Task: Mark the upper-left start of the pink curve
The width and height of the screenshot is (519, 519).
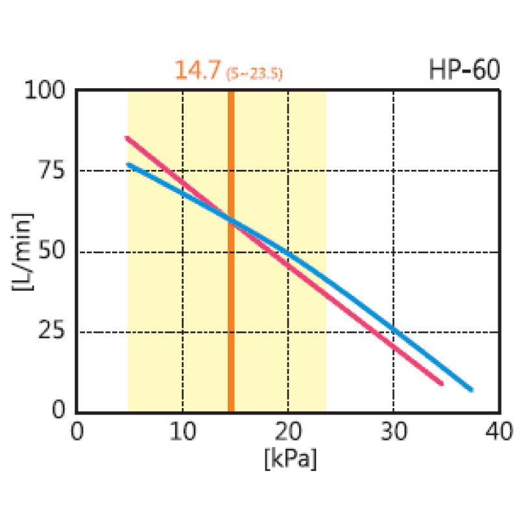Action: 127,138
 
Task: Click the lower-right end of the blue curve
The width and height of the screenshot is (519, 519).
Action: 471,390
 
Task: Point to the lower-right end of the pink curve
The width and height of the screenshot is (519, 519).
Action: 441,383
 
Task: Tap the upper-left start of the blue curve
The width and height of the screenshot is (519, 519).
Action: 128,164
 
